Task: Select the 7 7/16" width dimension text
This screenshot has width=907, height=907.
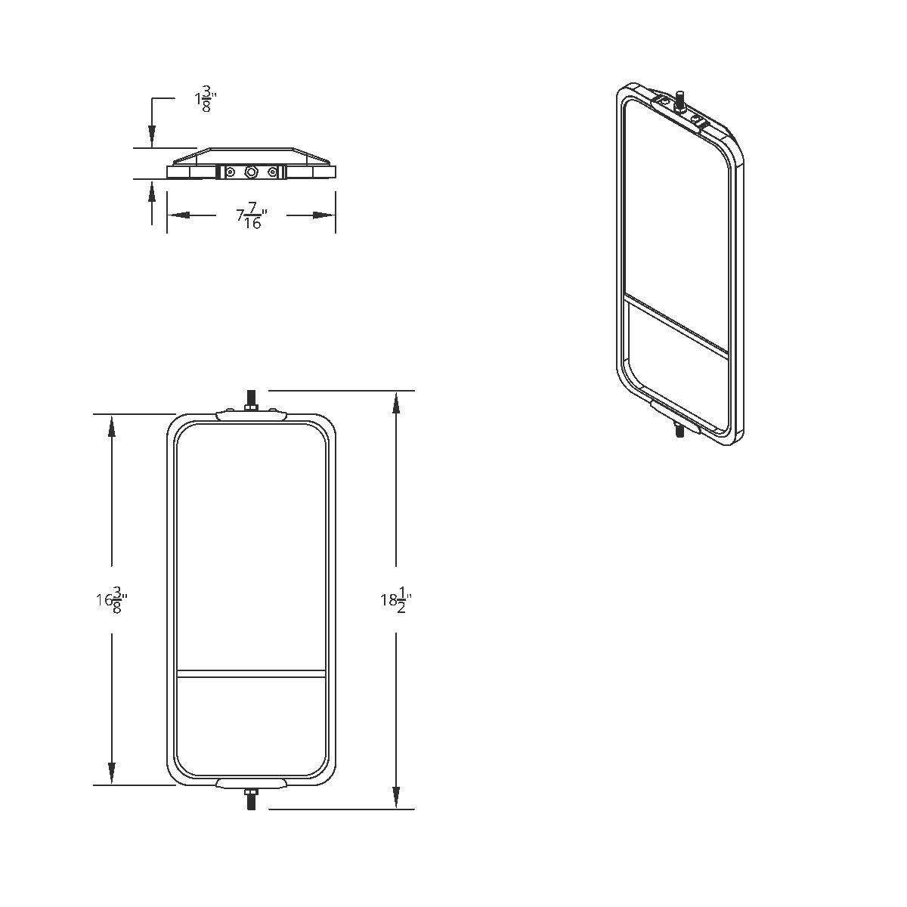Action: click(x=252, y=218)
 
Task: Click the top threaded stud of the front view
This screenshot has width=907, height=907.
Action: click(x=251, y=398)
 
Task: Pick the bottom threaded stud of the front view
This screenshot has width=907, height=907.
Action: click(x=251, y=800)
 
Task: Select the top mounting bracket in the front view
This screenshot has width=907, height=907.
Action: click(x=251, y=415)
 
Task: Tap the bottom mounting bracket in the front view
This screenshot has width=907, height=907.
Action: click(x=251, y=782)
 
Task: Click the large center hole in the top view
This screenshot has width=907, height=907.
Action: click(x=252, y=172)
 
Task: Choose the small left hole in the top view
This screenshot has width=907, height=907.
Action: click(x=231, y=172)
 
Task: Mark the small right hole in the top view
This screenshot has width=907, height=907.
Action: click(x=272, y=172)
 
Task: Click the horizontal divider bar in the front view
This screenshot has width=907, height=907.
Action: click(x=251, y=672)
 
